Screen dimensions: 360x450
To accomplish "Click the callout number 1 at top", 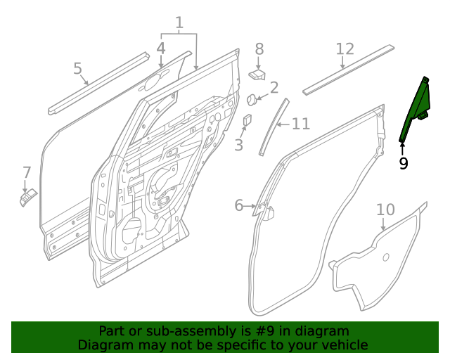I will pos(179,23).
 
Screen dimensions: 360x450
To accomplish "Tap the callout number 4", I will pos(160,49).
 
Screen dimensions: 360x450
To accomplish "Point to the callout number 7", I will pos(27,172).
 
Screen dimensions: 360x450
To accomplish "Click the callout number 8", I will pos(259,49).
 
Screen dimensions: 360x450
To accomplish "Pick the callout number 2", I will pos(274,88).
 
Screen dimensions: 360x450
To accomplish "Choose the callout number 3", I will pos(239,145).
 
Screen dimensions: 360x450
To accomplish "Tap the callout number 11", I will pos(301,124).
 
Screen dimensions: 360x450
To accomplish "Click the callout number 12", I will pos(345,49).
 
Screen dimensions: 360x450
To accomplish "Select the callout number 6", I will pos(239,205).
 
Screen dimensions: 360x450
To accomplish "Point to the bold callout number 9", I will pos(403,163).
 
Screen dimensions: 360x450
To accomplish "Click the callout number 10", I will pos(385,210).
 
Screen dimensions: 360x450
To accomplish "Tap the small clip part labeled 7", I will pos(27,199).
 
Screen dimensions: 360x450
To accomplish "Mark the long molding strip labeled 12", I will pos(348,70).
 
